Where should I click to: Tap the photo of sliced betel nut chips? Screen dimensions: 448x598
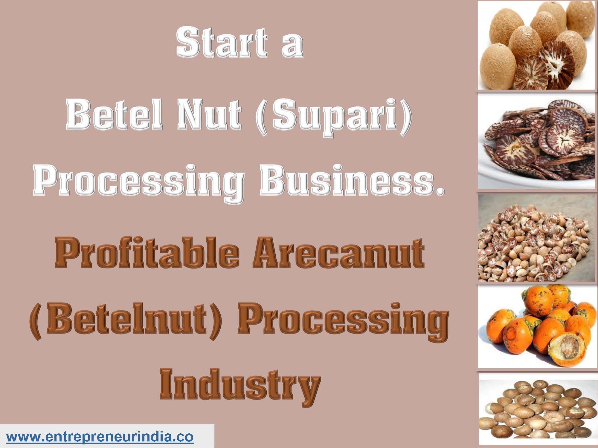[x=535, y=140]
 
